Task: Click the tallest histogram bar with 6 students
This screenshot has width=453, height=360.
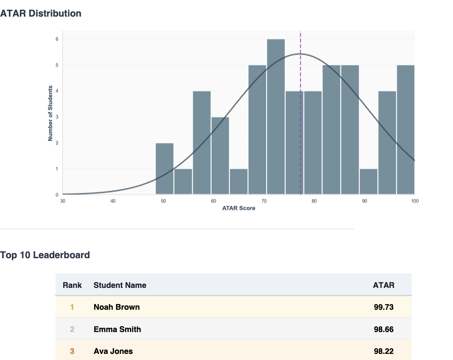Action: (276, 117)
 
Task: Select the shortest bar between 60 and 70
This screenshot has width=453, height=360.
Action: (239, 181)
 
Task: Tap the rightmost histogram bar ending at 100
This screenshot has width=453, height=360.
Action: (405, 129)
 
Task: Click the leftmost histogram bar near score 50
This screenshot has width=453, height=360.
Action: (165, 169)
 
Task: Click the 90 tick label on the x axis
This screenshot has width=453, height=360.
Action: (364, 201)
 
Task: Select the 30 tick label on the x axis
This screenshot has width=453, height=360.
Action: (63, 201)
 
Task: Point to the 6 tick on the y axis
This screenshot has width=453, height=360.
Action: (57, 39)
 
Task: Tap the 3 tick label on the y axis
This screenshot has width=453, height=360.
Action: (57, 117)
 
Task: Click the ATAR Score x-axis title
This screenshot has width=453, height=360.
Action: (239, 208)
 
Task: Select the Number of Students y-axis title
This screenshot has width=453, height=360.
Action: (51, 113)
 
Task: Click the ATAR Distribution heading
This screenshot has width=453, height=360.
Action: (41, 14)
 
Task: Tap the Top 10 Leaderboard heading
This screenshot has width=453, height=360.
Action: (45, 255)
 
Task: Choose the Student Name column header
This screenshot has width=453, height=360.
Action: (120, 285)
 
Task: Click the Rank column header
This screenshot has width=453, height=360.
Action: (72, 285)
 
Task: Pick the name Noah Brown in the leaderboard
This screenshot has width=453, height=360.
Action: (117, 307)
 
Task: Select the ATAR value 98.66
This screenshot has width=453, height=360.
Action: (384, 329)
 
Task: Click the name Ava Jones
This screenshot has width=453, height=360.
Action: (113, 351)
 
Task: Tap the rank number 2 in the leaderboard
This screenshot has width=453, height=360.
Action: (72, 329)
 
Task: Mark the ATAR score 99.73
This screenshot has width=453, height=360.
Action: (384, 307)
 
